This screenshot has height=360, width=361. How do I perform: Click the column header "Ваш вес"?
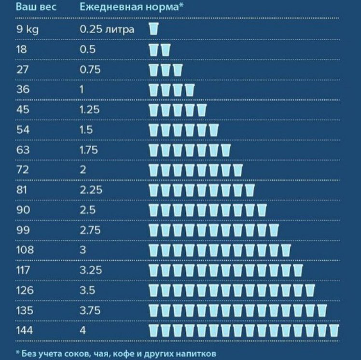(x=36, y=8)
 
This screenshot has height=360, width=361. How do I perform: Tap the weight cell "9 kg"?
(x=28, y=29)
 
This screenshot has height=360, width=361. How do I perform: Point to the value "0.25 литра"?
(x=107, y=29)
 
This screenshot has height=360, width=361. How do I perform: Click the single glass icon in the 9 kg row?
(x=154, y=29)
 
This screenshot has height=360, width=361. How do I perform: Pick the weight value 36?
(x=23, y=89)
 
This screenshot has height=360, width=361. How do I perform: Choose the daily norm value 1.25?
(x=90, y=110)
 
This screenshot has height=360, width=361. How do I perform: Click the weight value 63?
(x=23, y=150)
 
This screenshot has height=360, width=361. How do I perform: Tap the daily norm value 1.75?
(x=90, y=150)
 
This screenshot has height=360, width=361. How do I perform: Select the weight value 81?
(x=22, y=190)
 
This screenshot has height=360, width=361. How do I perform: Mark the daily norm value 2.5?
(x=88, y=210)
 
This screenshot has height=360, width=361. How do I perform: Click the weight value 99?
(x=23, y=230)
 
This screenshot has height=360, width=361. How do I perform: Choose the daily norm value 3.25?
(x=91, y=270)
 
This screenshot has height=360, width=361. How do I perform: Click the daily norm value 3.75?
(x=91, y=310)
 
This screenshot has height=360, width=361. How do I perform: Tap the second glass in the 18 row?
(x=166, y=49)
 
